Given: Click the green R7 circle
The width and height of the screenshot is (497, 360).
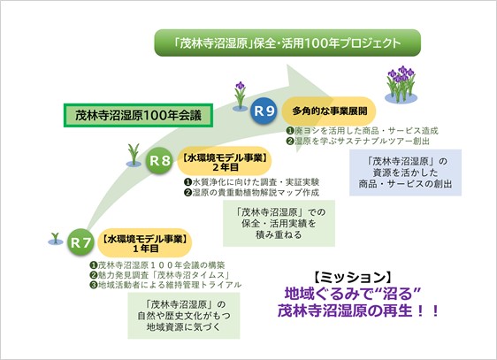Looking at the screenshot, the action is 80,242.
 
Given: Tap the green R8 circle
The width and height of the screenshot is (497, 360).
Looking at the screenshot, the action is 159,161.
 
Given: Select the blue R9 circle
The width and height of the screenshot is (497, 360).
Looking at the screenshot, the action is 264,111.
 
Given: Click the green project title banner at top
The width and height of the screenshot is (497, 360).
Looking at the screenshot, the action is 287,42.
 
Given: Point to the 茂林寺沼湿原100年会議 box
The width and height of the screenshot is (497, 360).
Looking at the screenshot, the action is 138,115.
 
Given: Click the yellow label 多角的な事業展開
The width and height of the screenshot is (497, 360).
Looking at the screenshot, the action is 329,111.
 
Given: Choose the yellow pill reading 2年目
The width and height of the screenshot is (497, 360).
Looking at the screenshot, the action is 225,161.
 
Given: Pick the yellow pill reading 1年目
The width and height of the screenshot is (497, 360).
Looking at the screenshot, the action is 144,242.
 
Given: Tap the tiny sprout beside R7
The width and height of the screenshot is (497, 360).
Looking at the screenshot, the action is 56,239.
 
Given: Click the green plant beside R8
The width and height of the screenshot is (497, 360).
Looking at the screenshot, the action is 134,156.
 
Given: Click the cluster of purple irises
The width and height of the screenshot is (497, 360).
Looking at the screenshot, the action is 401,84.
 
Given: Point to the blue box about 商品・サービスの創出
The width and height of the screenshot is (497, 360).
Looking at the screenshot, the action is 405,172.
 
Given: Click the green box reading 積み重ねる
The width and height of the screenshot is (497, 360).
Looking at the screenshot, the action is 279,223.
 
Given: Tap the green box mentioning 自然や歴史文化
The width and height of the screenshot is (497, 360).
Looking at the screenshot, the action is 184,316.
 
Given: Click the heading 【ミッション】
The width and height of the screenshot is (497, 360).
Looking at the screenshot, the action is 352,277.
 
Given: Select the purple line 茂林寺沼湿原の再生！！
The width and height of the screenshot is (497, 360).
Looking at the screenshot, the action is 358,310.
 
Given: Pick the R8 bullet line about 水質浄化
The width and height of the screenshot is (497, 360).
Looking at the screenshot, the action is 252,182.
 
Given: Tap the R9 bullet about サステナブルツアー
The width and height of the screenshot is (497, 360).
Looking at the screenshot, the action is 358,141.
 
